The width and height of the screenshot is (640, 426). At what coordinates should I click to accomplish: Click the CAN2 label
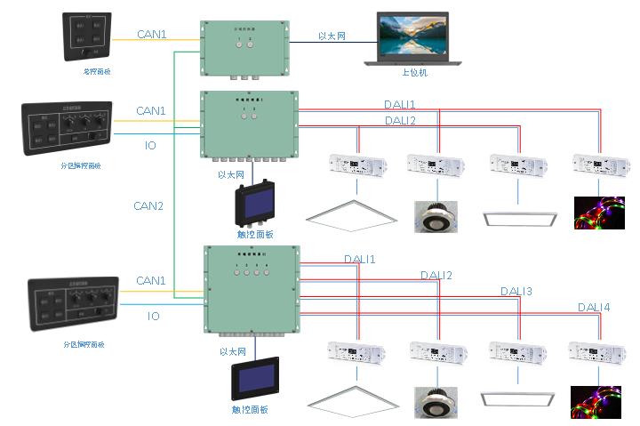149,205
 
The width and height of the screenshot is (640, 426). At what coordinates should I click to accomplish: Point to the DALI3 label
516,291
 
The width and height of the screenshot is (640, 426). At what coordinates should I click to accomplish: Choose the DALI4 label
594,307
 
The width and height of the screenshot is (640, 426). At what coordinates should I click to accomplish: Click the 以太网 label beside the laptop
332,36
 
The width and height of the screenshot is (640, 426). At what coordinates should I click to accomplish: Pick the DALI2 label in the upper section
400,120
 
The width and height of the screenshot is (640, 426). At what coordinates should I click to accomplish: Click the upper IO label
151,144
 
